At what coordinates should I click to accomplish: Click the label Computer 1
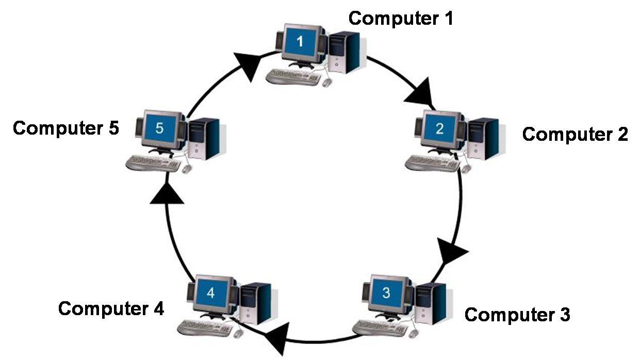coord(401,18)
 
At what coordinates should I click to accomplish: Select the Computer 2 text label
coord(575,134)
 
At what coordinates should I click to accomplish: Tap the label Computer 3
coord(517,314)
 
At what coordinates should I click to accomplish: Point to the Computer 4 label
coord(111,308)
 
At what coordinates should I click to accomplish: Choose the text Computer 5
coord(65,128)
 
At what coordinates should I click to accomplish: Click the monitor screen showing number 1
coord(301,41)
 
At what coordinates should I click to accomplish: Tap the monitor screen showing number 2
coord(439,128)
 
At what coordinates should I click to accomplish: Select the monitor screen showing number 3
coord(386,292)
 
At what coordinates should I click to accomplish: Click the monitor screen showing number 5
coord(159,128)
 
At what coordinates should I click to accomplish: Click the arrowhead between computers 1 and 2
coord(424,92)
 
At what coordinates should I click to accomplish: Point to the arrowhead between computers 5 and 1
coord(247,64)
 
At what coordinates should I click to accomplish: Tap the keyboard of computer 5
coord(153,163)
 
